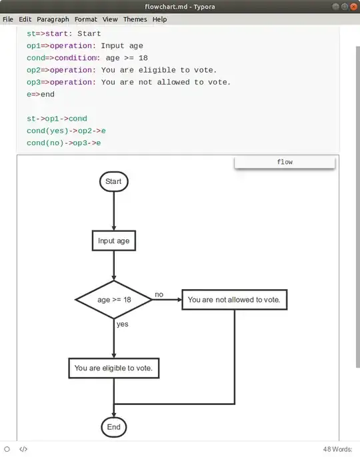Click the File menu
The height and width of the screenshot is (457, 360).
[x=8, y=19]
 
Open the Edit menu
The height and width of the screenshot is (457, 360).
[x=25, y=19]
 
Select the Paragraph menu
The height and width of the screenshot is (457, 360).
[x=53, y=19]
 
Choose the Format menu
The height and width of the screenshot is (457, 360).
[x=85, y=19]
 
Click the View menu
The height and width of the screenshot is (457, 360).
[x=110, y=19]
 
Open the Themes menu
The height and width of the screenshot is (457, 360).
[x=135, y=19]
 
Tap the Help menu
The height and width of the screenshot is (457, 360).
[x=159, y=19]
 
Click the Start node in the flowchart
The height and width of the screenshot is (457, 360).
[x=113, y=181]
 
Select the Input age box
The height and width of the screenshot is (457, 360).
[x=114, y=240]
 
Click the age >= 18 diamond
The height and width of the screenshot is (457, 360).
[x=114, y=300]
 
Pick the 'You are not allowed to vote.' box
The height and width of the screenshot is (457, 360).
[x=234, y=300]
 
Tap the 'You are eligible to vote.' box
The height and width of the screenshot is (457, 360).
[x=114, y=368]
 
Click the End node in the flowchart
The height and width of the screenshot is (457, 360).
[x=113, y=427]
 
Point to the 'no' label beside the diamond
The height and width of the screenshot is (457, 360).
[x=159, y=294]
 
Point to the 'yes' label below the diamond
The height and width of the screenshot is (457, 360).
[x=123, y=324]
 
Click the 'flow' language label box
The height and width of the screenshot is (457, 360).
[x=285, y=162]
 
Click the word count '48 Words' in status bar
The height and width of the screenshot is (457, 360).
[x=337, y=450]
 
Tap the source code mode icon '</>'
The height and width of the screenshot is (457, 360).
[x=23, y=450]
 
